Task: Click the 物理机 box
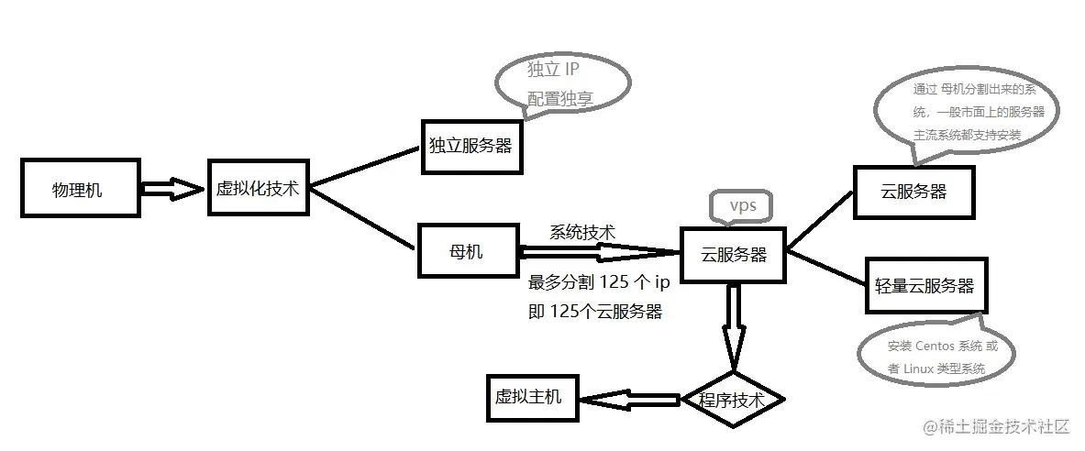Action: click(x=81, y=190)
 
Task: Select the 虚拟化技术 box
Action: click(x=257, y=188)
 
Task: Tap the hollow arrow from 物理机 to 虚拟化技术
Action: click(x=173, y=190)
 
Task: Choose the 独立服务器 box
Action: click(x=471, y=146)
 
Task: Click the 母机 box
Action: click(x=464, y=250)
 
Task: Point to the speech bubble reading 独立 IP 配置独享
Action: click(x=562, y=83)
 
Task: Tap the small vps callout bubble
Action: click(x=742, y=206)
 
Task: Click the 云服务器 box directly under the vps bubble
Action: click(x=733, y=254)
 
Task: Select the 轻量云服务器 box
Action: click(x=924, y=285)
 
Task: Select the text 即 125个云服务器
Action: click(x=595, y=312)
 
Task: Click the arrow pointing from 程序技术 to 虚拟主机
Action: click(x=633, y=400)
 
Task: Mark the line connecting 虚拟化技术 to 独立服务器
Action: click(x=364, y=166)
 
